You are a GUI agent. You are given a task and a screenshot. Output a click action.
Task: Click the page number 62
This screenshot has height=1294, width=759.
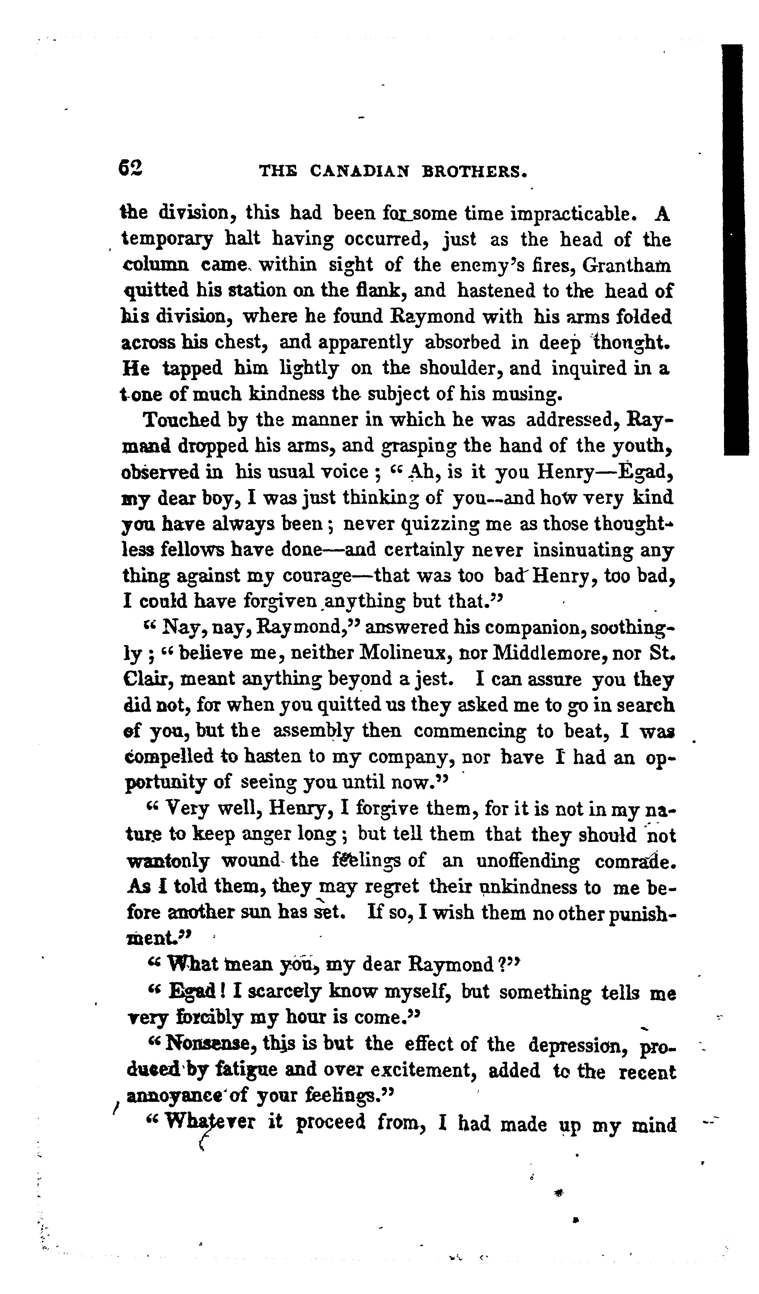click(130, 168)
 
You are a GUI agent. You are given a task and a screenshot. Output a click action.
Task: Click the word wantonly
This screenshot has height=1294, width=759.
click(167, 861)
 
